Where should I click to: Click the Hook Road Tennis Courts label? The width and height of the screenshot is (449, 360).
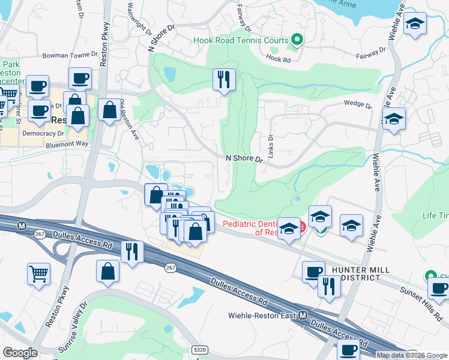(x=241, y=41)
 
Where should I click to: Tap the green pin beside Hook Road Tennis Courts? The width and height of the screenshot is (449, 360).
(x=296, y=40)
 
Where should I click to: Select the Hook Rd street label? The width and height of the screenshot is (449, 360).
(x=278, y=60)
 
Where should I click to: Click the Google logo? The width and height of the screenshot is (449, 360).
(x=20, y=353)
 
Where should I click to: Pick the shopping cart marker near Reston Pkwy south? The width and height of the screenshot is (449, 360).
(x=39, y=273)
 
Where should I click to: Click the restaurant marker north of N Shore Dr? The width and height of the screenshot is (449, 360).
(x=224, y=79)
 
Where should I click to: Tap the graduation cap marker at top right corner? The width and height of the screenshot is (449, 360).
(x=415, y=24)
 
